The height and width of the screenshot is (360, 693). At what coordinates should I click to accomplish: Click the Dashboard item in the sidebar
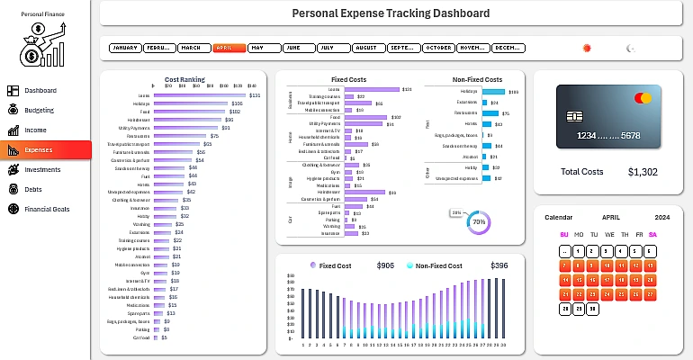pos(40,91)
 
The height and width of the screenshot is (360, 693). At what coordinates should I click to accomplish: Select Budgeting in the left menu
pos(40,110)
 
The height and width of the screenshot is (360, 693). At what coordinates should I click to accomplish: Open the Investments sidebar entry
pos(42,169)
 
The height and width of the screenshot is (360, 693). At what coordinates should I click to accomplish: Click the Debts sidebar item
pos(34,189)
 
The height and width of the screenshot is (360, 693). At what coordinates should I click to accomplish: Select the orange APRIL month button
pos(229,47)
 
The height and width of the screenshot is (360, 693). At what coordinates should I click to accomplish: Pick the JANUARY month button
pos(125,47)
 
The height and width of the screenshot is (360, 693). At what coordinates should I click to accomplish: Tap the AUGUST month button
pos(367,47)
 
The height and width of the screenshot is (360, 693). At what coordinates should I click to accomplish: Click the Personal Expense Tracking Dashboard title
pos(391,13)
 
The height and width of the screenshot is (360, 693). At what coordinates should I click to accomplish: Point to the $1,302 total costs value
pos(643,172)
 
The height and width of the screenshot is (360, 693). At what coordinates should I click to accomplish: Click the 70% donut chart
pos(478,221)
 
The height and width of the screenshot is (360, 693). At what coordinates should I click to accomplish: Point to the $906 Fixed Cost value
pos(385,266)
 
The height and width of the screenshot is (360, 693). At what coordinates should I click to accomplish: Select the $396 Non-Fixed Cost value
pos(499,266)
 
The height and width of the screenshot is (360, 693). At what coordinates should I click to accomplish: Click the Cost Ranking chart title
pos(184,80)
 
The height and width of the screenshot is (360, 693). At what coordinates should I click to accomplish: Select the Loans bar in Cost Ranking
pos(200,95)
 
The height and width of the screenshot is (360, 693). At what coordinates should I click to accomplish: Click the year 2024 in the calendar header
pos(662,218)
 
